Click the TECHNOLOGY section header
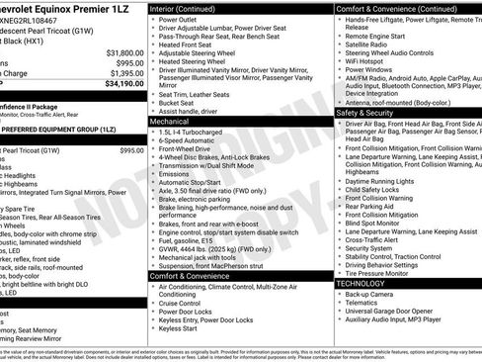(367, 283)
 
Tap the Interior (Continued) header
(190, 7)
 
